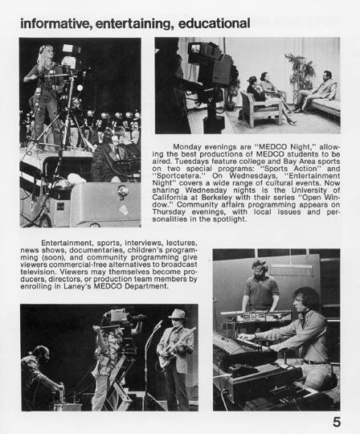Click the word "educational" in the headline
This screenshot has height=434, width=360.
[214, 23]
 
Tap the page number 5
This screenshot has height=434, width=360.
[337, 422]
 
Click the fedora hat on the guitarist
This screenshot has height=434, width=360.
[178, 314]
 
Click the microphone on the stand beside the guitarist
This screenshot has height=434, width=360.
[158, 324]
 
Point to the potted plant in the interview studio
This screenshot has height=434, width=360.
[301, 73]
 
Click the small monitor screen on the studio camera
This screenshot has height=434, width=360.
[196, 48]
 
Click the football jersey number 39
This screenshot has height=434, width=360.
[134, 125]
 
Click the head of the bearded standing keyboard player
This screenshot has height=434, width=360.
[259, 269]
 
